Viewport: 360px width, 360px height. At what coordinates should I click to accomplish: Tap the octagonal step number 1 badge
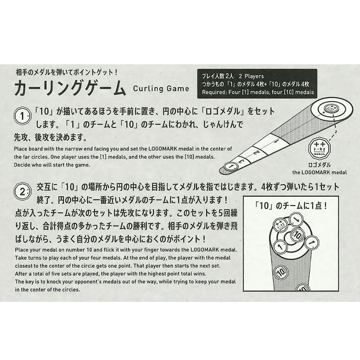[x=22, y=116]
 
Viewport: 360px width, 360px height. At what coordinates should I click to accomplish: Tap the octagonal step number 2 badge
[x=22, y=192]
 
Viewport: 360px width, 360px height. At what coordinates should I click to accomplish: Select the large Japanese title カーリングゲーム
[x=70, y=88]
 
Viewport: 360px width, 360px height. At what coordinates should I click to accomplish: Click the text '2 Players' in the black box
[x=251, y=76]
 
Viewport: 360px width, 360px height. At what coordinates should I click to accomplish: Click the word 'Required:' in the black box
[x=215, y=92]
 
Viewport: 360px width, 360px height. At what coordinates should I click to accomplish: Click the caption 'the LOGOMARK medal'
[x=319, y=172]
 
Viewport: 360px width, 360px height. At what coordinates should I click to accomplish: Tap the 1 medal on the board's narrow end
[x=231, y=166]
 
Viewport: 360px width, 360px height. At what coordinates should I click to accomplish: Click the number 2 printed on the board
[x=257, y=152]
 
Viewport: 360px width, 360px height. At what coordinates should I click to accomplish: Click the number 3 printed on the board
[x=241, y=161]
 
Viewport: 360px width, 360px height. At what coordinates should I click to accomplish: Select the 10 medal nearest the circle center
[x=297, y=235]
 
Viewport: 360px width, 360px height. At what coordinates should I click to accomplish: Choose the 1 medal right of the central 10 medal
[x=312, y=243]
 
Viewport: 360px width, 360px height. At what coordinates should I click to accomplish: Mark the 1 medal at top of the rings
[x=296, y=220]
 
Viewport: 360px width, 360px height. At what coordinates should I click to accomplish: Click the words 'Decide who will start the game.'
[x=52, y=165]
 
